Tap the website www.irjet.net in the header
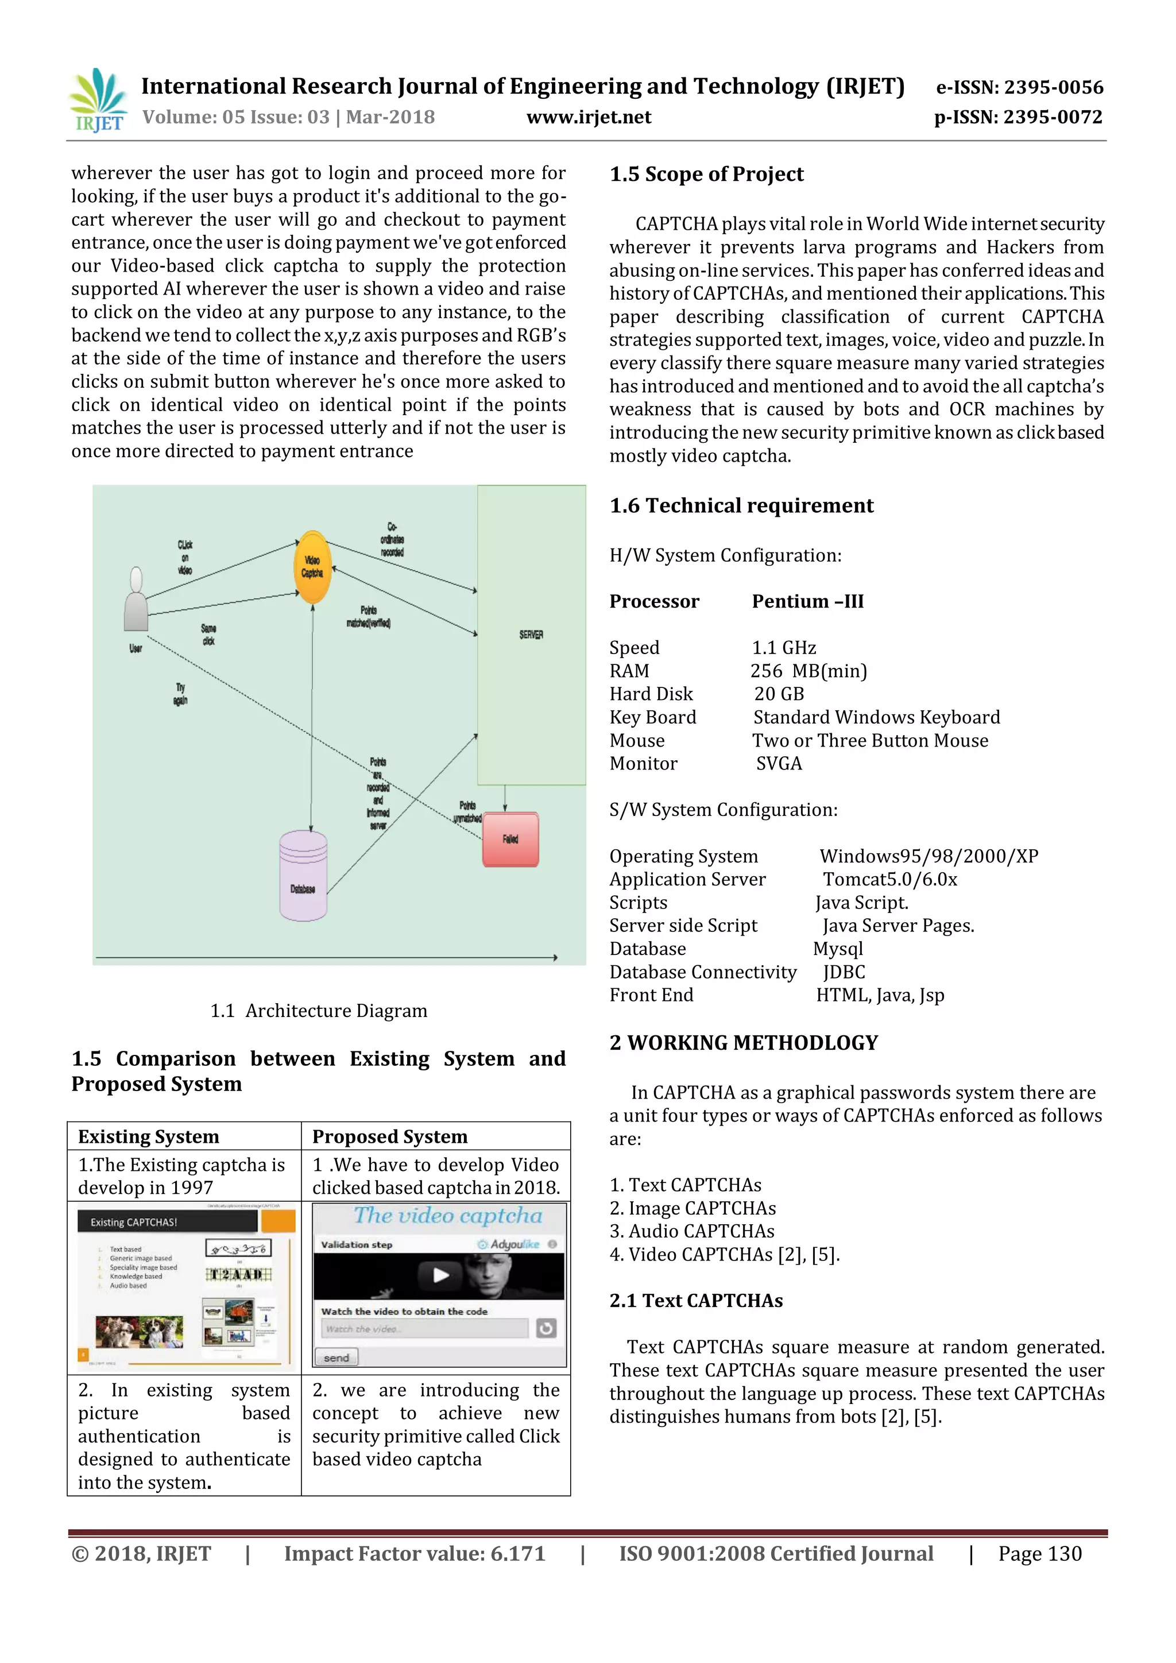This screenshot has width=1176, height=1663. (x=588, y=117)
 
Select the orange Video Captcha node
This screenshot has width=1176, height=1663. (x=312, y=567)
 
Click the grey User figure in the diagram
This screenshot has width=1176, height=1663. (x=136, y=601)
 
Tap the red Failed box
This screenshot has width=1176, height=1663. (x=510, y=840)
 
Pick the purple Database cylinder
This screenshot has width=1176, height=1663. (x=303, y=876)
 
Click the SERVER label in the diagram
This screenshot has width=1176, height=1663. (x=531, y=635)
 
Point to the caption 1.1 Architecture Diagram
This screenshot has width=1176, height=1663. (x=319, y=1011)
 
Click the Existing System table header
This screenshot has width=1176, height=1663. (x=149, y=1136)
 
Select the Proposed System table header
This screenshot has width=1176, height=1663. (x=389, y=1136)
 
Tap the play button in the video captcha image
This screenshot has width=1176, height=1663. (x=440, y=1275)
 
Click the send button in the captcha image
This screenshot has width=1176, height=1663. (x=336, y=1358)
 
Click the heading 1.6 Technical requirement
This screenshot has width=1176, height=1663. (x=741, y=505)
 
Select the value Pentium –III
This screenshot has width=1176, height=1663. (x=807, y=601)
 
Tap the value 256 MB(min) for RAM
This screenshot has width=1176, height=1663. (x=808, y=671)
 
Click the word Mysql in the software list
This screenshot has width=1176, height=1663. (x=838, y=949)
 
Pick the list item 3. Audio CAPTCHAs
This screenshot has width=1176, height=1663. (x=691, y=1231)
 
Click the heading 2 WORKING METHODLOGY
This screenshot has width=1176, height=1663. (x=743, y=1043)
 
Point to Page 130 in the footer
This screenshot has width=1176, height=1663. (x=1039, y=1554)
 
